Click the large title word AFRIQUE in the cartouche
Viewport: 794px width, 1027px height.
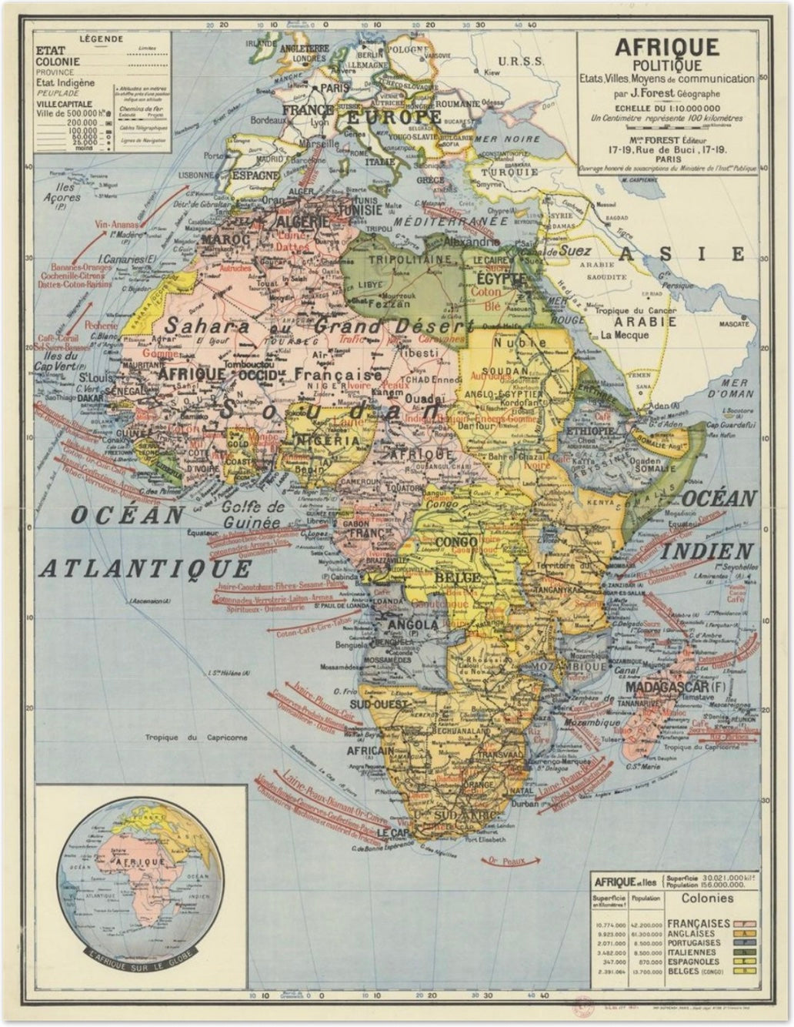pyautogui.click(x=667, y=47)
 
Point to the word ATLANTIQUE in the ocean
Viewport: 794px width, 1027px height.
pyautogui.click(x=145, y=569)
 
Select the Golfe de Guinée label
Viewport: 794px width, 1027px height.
pyautogui.click(x=254, y=515)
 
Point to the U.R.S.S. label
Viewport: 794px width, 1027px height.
pyautogui.click(x=521, y=61)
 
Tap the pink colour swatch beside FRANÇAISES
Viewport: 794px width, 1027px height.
pyautogui.click(x=743, y=922)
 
